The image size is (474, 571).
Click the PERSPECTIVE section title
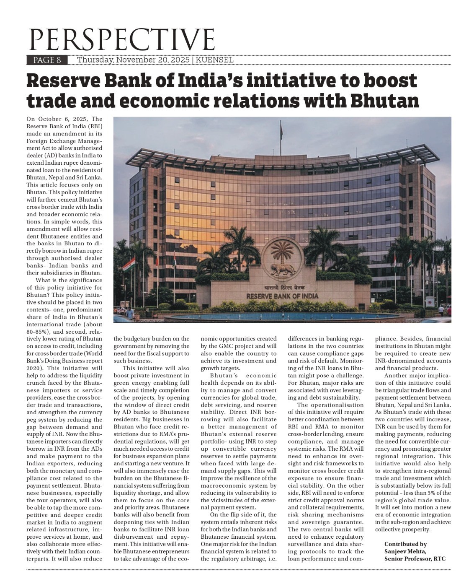pyautogui.click(x=121, y=39)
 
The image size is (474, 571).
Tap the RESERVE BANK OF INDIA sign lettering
pyautogui.click(x=282, y=296)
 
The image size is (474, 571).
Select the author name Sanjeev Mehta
pyautogui.click(x=405, y=551)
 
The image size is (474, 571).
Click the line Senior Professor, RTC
pyautogui.click(x=415, y=558)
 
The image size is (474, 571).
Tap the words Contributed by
pyautogui.click(x=405, y=544)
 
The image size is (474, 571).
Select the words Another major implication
pyautogui.click(x=417, y=376)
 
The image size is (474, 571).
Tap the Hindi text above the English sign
pyautogui.click(x=281, y=288)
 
